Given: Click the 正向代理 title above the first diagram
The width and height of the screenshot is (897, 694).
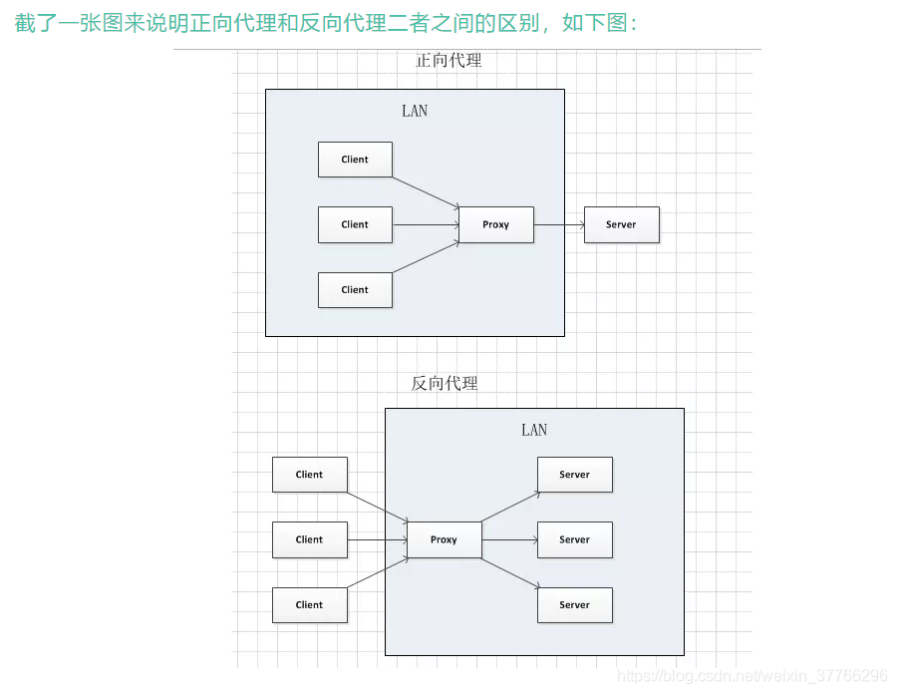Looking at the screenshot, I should [x=448, y=61].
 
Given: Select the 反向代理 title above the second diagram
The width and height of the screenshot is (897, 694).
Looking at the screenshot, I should [x=445, y=383].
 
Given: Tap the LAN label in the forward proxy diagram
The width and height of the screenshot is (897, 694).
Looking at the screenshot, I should [x=415, y=111].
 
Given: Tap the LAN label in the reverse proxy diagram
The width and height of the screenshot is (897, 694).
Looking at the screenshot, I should [x=534, y=430].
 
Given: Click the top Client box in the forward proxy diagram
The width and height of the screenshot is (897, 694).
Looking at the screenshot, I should [x=355, y=160].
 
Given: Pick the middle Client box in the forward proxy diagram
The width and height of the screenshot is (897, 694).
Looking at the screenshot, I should [x=355, y=224].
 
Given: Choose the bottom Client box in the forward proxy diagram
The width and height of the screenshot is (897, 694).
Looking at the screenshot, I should [x=355, y=290].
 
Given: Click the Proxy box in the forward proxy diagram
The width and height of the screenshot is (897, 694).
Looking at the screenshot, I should [x=495, y=224].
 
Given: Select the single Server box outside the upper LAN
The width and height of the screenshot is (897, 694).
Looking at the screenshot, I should [x=621, y=224].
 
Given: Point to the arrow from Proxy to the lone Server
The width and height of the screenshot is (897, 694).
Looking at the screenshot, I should [x=559, y=224].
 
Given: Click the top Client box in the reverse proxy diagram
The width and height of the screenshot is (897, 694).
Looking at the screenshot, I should [x=310, y=475].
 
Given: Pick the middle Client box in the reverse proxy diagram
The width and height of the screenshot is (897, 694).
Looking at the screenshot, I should [x=310, y=539].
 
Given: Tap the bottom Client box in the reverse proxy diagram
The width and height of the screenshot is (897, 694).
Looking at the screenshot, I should [x=310, y=605].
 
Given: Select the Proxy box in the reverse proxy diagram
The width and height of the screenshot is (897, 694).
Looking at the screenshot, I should [x=444, y=539].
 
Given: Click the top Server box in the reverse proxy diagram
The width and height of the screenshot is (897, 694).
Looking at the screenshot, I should [x=575, y=475].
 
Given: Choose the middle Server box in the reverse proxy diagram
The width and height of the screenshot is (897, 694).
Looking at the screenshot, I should [x=575, y=539].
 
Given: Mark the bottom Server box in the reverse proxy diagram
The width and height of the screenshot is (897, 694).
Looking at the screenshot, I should [x=575, y=605].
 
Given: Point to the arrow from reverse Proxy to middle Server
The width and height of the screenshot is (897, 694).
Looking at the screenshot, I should [x=509, y=539].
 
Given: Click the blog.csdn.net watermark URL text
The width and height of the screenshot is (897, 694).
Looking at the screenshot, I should [x=752, y=676].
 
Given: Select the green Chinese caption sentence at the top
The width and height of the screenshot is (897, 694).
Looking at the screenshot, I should [x=325, y=22].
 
